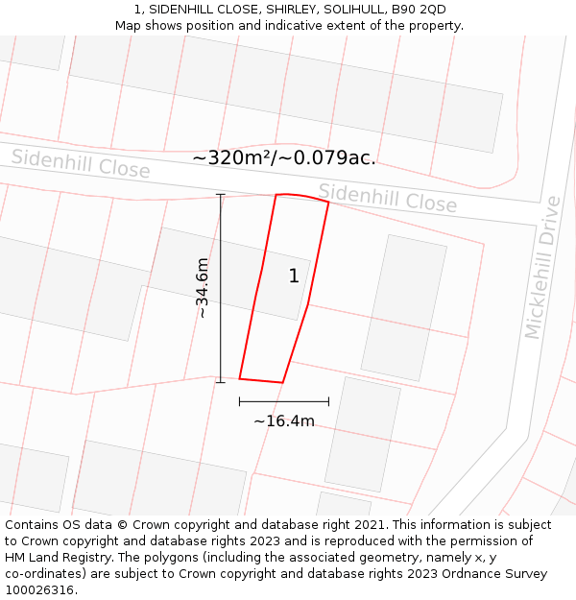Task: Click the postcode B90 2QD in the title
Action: coord(419,10)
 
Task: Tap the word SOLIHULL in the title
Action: coord(352,10)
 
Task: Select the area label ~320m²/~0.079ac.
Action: coord(284,157)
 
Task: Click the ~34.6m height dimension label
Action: coord(202,288)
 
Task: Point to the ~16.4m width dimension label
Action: coord(284,420)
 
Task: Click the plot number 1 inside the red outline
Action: coord(294,276)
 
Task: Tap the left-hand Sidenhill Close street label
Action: coord(81,164)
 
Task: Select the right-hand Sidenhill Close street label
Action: coord(388,199)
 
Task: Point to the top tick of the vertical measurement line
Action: coord(221,195)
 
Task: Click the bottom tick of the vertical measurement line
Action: coord(221,382)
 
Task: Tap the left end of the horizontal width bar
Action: coord(240,401)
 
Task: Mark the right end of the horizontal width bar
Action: coord(328,401)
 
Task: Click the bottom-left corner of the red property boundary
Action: coord(240,378)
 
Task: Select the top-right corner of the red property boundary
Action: coord(328,203)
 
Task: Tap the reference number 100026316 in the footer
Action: coord(40,590)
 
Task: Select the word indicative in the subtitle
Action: coord(295,26)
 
